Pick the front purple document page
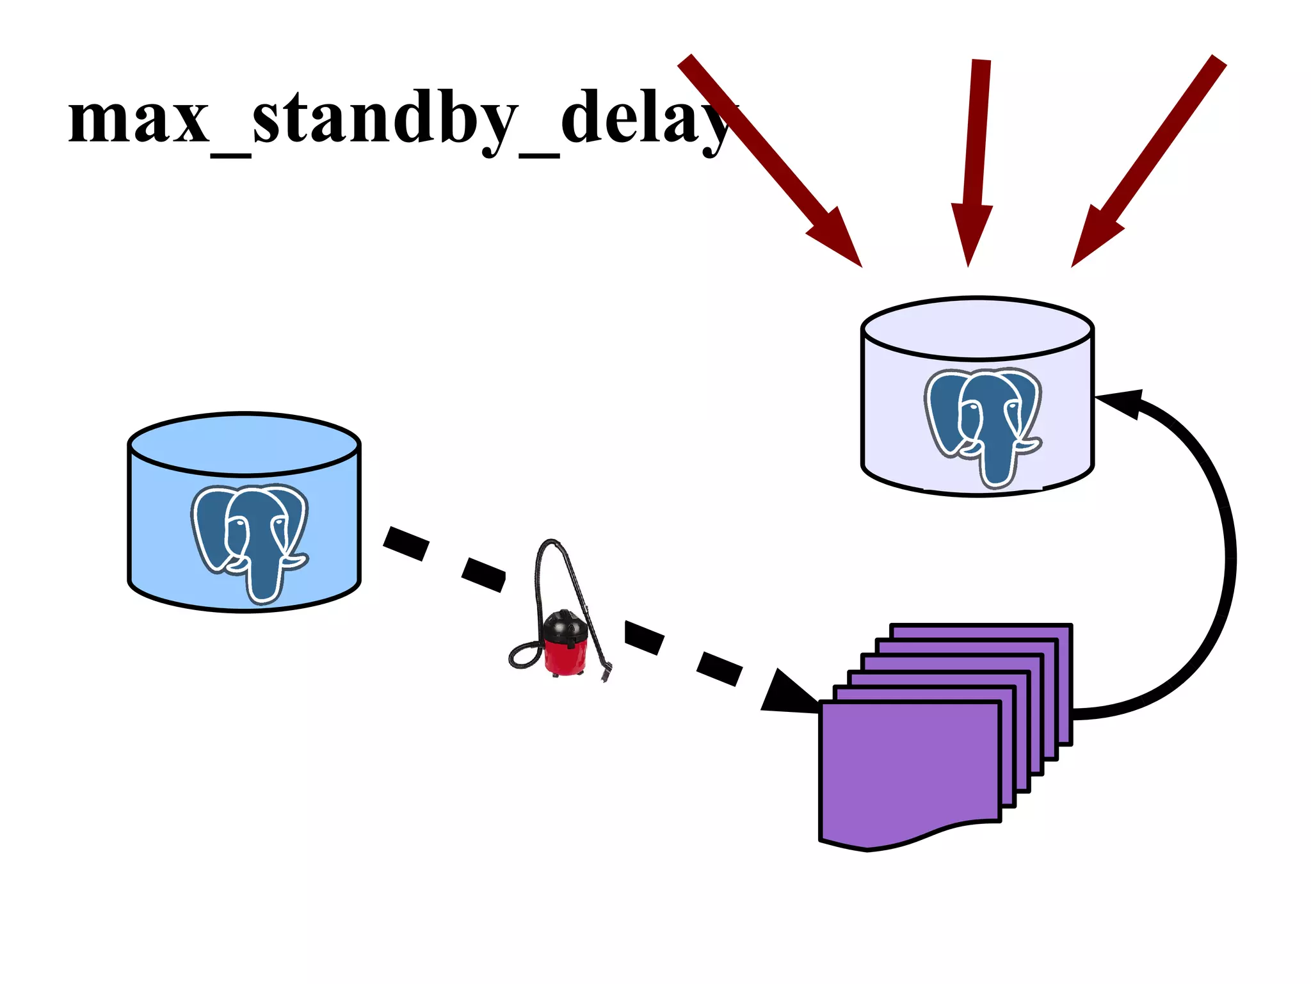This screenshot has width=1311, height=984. pyautogui.click(x=909, y=768)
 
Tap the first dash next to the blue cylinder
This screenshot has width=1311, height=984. pyautogui.click(x=406, y=543)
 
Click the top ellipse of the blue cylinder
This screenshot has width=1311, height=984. pyautogui.click(x=244, y=444)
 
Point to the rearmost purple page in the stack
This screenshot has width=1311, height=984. pyautogui.click(x=979, y=631)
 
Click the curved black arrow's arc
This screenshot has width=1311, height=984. pyautogui.click(x=1226, y=557)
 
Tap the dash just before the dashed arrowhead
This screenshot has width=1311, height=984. pyautogui.click(x=719, y=668)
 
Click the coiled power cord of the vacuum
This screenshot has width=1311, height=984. pyautogui.click(x=524, y=656)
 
